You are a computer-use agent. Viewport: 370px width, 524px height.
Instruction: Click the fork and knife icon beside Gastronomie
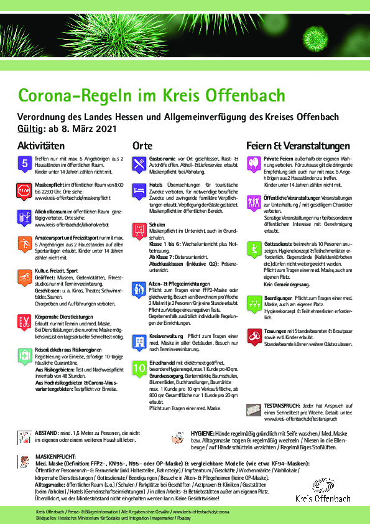tap(140, 163)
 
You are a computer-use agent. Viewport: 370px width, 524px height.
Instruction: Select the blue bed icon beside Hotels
tap(140, 190)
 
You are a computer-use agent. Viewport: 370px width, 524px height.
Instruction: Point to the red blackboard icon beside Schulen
tap(140, 230)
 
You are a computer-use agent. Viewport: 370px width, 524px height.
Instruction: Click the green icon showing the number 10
tap(140, 369)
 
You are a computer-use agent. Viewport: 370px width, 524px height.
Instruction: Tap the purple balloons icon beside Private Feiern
tap(254, 163)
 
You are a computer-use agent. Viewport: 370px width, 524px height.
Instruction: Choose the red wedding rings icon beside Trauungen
tap(254, 332)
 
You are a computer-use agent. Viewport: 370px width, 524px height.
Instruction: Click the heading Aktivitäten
tap(41, 145)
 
